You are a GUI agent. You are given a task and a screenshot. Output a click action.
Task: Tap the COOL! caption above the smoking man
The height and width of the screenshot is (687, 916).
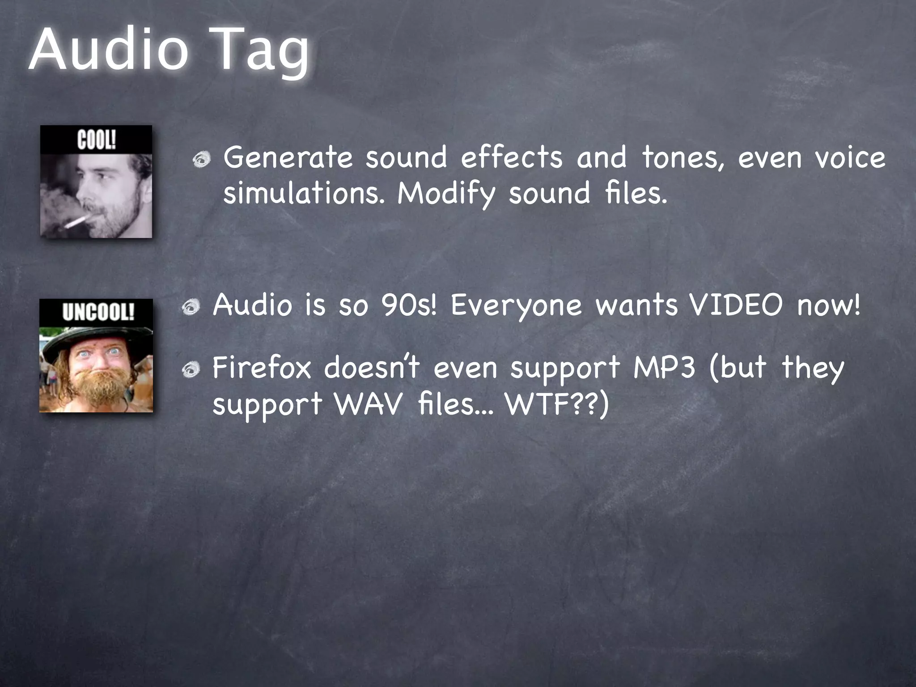click(x=97, y=140)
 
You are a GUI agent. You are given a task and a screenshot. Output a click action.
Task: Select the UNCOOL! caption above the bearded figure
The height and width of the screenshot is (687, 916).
click(x=98, y=312)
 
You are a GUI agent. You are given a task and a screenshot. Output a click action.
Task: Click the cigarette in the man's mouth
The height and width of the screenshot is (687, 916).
click(x=77, y=221)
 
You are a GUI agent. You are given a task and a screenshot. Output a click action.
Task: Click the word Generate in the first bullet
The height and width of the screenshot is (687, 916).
click(x=288, y=157)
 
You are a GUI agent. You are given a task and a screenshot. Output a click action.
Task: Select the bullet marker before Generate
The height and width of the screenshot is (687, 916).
click(x=202, y=159)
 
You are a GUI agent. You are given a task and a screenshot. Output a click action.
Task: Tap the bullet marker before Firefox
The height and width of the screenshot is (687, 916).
click(x=191, y=369)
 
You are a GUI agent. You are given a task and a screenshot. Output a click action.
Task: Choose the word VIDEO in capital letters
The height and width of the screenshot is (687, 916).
click(x=736, y=305)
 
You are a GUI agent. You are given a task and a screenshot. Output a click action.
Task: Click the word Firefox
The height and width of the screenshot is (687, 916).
click(x=262, y=368)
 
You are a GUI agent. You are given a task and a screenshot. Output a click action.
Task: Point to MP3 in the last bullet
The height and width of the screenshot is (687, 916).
click(x=665, y=368)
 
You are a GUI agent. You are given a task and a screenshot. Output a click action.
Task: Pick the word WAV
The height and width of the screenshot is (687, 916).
click(x=369, y=403)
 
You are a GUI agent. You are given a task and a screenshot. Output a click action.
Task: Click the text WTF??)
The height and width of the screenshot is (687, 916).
click(x=557, y=404)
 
